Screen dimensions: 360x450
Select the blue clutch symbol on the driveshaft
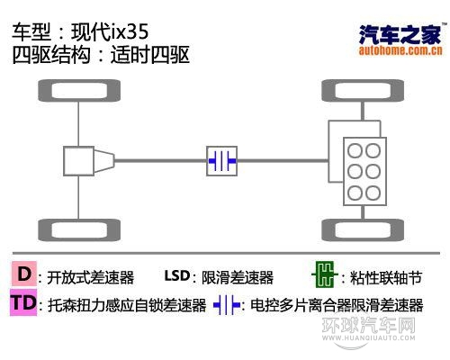[x=221, y=160]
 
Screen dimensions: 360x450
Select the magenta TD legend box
[x=24, y=303]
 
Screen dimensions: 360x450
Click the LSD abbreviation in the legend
[x=177, y=276]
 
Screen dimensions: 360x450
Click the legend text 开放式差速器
[x=90, y=277]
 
